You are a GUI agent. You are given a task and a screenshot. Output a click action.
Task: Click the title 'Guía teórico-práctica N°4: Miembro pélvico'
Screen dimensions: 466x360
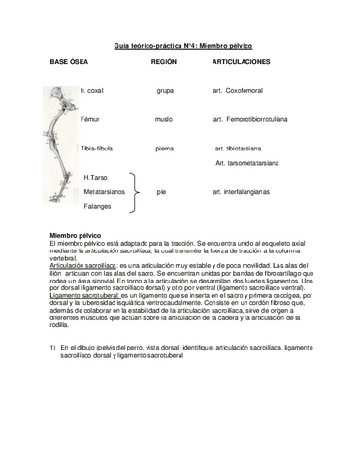[180, 45]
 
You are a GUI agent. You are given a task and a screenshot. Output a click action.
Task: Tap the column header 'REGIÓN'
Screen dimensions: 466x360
[164, 62]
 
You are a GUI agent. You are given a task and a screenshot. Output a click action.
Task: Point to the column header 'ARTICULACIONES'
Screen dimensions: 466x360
[241, 62]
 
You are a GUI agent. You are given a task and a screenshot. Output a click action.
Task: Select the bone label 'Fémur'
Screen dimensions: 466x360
[90, 120]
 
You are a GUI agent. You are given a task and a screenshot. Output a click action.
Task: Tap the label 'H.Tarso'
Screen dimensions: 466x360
[95, 178]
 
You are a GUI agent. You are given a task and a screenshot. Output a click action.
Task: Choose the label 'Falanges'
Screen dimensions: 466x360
[96, 207]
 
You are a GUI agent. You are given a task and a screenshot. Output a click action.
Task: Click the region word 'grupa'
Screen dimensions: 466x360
[165, 91]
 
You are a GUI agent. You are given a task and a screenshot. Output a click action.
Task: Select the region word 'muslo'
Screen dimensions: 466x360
[164, 120]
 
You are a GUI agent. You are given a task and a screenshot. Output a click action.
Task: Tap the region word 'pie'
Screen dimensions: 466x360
[161, 192]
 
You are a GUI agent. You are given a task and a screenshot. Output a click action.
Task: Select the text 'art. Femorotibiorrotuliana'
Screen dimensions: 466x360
[257, 120]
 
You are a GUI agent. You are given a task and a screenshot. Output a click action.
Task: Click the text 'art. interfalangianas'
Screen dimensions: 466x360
[248, 192]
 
